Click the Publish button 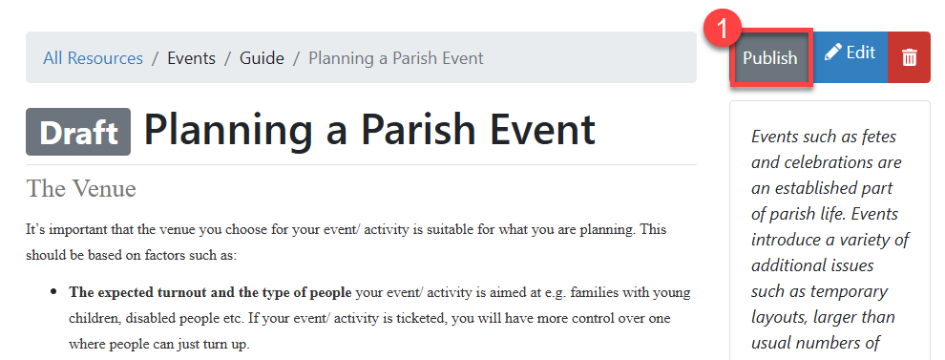pos(771,58)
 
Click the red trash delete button pos(910,56)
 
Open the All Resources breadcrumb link pos(93,58)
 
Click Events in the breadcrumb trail pos(191,58)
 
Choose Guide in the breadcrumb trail pos(262,58)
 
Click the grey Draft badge pos(78,132)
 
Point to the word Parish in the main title pos(419,129)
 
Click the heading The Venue pos(81,188)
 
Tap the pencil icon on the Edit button pos(832,53)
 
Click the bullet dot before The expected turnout pos(54,292)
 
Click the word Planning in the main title pos(228,130)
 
